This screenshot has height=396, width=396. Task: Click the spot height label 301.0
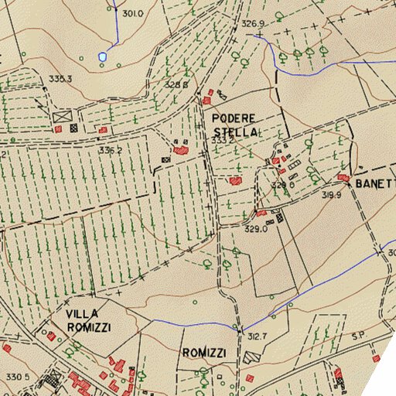point(133,14)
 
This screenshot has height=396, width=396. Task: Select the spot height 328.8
point(176,84)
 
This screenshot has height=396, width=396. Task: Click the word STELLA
point(234,132)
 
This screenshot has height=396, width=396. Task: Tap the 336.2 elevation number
point(110,150)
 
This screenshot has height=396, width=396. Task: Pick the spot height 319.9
point(331,196)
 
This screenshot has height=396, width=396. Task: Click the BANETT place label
point(375,184)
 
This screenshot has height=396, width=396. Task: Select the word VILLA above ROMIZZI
point(84,314)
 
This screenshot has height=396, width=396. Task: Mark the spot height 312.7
point(257,336)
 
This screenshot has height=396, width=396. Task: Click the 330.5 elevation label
point(17,377)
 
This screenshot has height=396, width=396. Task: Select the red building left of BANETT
point(343,178)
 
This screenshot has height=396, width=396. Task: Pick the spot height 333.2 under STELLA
point(223,141)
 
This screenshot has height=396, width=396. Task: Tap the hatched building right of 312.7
point(249,357)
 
